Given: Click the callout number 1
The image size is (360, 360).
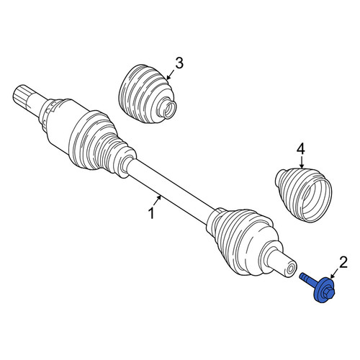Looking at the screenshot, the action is (x=151, y=213).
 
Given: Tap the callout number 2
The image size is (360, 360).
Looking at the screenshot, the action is (x=343, y=263).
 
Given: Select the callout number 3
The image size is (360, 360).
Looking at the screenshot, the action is (x=179, y=63).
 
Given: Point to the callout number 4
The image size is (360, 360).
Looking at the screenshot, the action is (x=301, y=149).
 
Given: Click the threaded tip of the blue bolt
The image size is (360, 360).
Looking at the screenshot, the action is (x=303, y=276).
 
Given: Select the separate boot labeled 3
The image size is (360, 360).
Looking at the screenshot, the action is (x=148, y=94).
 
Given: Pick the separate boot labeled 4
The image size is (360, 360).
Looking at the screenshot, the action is (x=303, y=194).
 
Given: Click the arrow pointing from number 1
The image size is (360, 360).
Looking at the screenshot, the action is (x=157, y=199).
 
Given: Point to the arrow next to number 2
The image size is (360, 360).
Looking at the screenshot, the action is (x=335, y=274).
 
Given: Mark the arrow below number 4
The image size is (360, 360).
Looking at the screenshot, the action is (x=302, y=162).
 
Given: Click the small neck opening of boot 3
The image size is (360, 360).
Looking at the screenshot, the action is (x=170, y=109).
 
